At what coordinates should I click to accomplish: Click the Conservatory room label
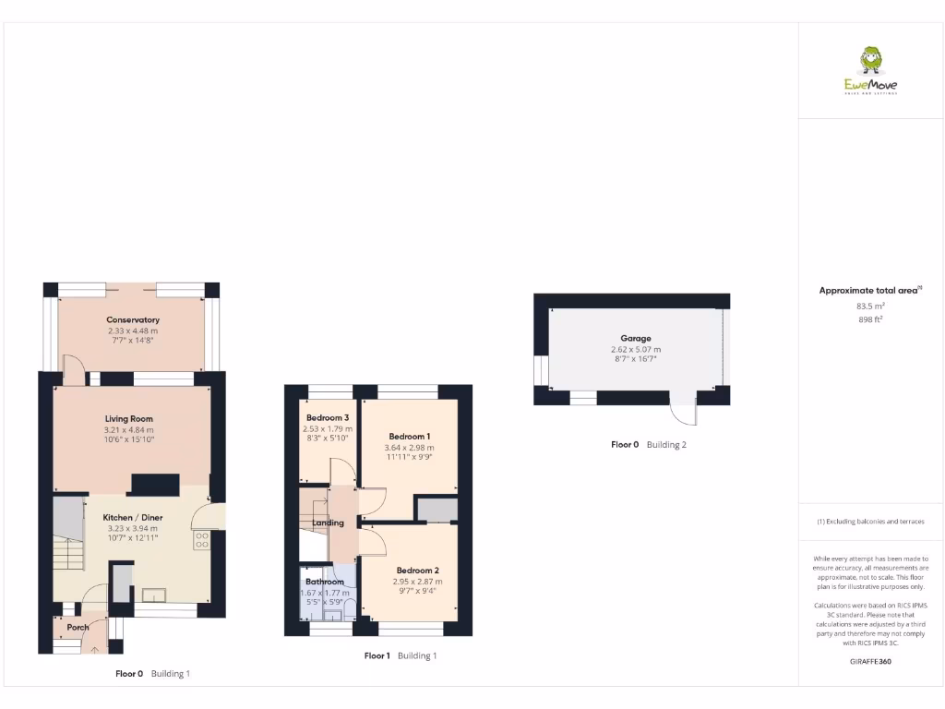[x=133, y=320]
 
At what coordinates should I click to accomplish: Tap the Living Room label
[x=128, y=419]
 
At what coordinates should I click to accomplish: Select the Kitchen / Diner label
[x=133, y=518]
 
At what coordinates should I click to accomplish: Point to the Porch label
[x=78, y=628]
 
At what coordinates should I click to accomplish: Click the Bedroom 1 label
[x=409, y=437]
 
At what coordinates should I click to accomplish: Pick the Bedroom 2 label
[x=418, y=571]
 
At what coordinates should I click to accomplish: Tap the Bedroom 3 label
[x=328, y=418]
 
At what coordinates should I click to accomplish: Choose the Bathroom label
[x=325, y=582]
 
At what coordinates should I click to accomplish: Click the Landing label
[x=328, y=523]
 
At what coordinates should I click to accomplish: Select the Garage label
[x=636, y=339]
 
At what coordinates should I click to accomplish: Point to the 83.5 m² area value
[x=870, y=306]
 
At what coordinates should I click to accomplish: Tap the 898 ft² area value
[x=870, y=320]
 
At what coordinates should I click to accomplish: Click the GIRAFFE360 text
[x=870, y=661]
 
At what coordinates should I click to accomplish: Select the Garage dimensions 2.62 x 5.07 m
[x=636, y=350]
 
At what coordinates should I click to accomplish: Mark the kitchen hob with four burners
[x=202, y=539]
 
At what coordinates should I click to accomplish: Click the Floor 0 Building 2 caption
[x=649, y=445]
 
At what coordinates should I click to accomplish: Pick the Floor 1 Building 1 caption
[x=400, y=656]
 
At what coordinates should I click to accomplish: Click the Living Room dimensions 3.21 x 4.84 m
[x=128, y=430]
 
